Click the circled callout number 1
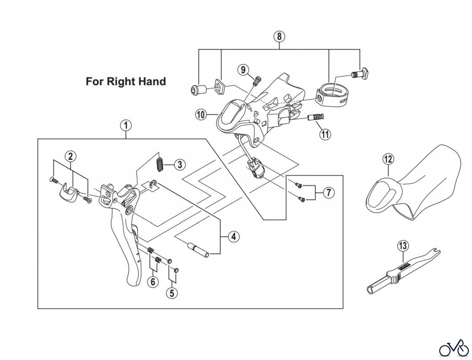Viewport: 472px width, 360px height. (126, 125)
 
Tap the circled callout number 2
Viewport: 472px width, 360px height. (71, 157)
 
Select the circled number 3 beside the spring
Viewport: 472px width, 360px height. (180, 165)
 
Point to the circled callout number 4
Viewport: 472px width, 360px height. (234, 237)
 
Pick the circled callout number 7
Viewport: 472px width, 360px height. (329, 193)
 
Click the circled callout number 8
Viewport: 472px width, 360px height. (279, 36)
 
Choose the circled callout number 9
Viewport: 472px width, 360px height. (243, 70)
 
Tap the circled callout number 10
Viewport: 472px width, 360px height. (201, 115)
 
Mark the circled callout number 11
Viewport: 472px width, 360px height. (325, 134)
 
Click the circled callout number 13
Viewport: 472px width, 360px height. (403, 246)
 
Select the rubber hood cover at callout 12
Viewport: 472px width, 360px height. (414, 184)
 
